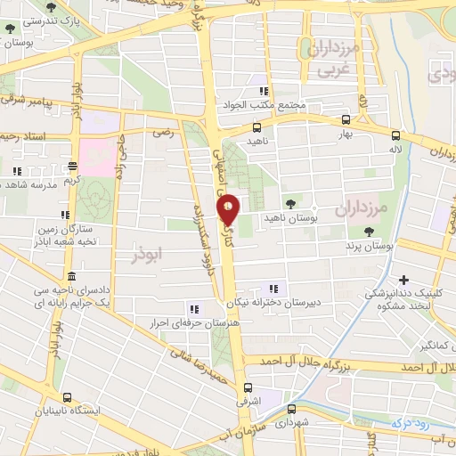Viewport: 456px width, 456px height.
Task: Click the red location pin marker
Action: tap(229, 209)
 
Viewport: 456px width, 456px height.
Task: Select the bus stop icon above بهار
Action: tap(346, 120)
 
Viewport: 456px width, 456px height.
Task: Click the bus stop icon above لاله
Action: tap(395, 135)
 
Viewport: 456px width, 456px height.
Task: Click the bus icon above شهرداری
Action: tap(292, 410)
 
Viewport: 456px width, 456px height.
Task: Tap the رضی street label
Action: tap(163, 132)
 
